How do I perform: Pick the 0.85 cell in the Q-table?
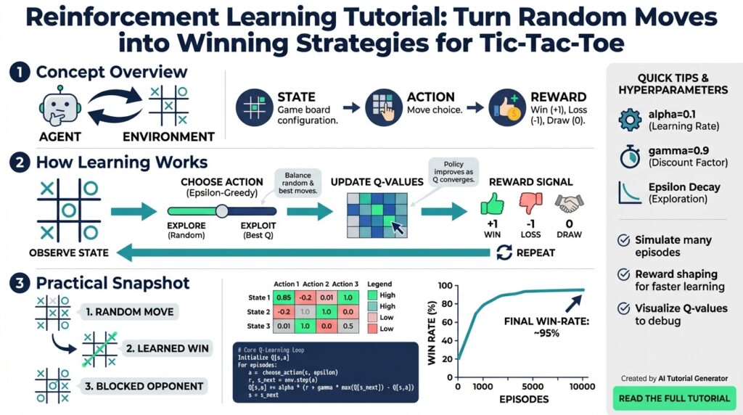(285, 297)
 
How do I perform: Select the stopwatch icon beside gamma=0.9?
(628, 156)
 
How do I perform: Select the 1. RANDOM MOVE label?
(129, 312)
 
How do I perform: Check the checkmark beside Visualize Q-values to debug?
(622, 308)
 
